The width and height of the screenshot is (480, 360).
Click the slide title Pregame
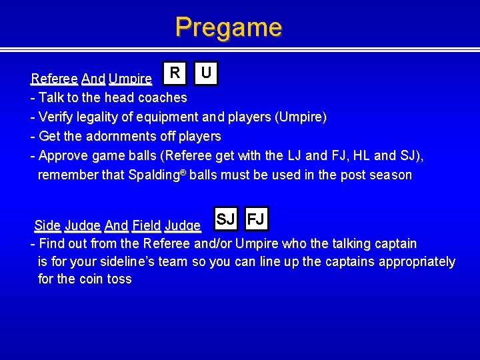[x=229, y=27]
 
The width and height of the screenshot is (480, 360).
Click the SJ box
[x=225, y=219]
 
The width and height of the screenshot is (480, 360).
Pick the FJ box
[x=257, y=219]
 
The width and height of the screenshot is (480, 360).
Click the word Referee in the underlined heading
[x=54, y=79]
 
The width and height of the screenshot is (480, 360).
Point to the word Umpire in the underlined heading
[x=130, y=79]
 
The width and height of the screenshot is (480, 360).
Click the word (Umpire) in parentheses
[x=301, y=117]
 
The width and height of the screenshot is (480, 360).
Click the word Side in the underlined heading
[x=47, y=225]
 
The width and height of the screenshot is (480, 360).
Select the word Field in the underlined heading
[x=146, y=225]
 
